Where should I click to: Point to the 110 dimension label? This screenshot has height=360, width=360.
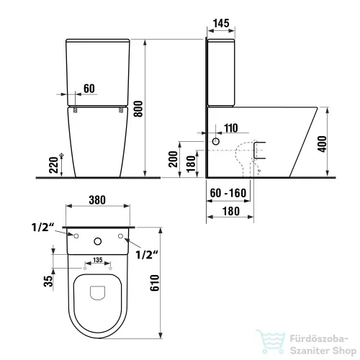tap(230, 128)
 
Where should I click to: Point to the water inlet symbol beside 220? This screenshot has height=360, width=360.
tap(63, 157)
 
